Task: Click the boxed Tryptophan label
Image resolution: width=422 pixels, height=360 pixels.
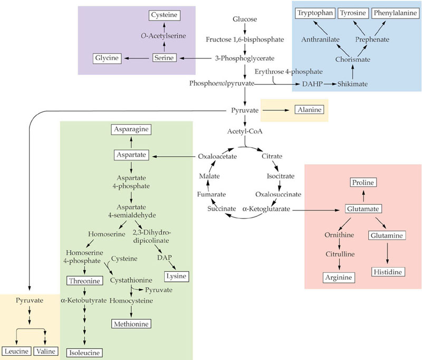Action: pos(315,13)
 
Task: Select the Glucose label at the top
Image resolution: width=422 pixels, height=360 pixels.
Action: pos(245,19)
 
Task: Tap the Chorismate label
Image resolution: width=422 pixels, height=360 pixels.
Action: pos(352,59)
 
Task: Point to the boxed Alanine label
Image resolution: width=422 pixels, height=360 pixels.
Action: pos(309,110)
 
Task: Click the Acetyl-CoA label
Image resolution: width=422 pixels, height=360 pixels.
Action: pos(245,131)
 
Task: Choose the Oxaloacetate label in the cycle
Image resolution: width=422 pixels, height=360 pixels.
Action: pos(217,156)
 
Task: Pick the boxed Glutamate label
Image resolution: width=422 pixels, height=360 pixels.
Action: pos(363,209)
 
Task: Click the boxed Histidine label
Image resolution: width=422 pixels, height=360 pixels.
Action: pos(388,272)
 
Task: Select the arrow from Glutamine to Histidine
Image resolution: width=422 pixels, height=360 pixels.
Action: pos(387,253)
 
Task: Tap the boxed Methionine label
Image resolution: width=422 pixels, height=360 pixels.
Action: pos(131,324)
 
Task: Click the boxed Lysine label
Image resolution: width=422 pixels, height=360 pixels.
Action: pos(177,276)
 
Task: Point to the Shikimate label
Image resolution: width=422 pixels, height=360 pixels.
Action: pos(352,84)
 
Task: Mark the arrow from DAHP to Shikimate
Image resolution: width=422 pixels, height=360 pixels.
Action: pos(330,84)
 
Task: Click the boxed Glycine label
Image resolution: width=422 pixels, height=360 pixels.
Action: pos(107,58)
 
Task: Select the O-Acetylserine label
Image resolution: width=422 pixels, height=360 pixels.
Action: pos(164,35)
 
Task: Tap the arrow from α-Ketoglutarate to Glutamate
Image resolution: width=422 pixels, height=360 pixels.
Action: pos(316,210)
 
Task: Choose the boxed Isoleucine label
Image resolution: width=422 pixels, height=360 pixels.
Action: pos(84,353)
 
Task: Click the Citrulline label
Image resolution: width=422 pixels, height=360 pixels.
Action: pos(340,254)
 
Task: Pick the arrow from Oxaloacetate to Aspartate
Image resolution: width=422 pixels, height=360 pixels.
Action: pos(174,156)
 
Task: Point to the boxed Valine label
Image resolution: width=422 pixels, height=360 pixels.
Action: pos(46,351)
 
